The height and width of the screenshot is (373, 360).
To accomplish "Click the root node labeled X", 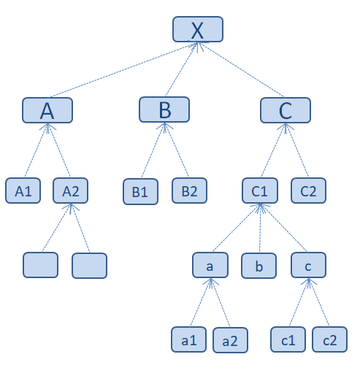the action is [x=198, y=29].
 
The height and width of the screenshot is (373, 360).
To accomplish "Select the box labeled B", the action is [x=164, y=109].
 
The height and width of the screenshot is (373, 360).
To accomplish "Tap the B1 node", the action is [x=140, y=192].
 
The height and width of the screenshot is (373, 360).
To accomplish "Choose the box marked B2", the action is [x=189, y=191].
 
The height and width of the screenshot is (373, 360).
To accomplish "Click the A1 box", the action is [x=23, y=191].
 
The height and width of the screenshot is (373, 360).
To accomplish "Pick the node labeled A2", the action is [x=70, y=191].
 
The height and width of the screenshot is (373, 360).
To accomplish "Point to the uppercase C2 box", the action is [x=308, y=191].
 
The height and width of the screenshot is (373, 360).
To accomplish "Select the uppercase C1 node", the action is [x=260, y=191].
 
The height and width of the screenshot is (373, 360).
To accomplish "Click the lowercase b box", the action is [x=258, y=266].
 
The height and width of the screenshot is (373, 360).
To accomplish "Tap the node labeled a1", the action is [x=188, y=339].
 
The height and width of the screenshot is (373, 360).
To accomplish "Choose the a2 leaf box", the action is [x=230, y=340].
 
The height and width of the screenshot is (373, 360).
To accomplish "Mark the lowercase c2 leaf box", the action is [x=329, y=339].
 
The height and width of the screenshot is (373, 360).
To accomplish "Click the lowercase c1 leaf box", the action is [x=288, y=339].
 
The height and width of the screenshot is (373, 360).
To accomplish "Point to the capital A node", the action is [x=47, y=110].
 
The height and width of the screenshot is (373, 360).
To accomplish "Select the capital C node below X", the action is [x=286, y=110].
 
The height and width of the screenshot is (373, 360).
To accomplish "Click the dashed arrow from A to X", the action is [x=124, y=70].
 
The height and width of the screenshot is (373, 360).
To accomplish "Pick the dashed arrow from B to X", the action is [x=181, y=69].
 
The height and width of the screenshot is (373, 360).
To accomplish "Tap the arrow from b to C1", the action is [x=260, y=228].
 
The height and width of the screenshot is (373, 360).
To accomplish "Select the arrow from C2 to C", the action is [x=297, y=150].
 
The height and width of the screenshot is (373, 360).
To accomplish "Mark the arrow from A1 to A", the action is [x=36, y=150].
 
